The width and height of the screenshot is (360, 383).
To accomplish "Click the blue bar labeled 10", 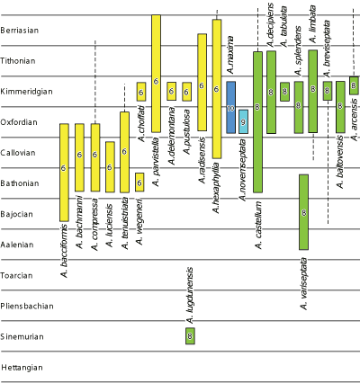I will (x=231, y=107).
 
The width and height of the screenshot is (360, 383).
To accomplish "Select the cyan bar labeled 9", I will (x=244, y=121).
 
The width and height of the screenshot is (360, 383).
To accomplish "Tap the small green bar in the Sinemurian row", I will (x=190, y=336).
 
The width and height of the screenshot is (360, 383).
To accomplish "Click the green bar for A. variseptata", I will (x=304, y=212).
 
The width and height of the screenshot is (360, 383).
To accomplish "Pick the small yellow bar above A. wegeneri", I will (x=139, y=183).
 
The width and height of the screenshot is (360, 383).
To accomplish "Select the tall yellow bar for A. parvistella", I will (x=156, y=74).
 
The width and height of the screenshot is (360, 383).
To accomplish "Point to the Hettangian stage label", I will (x=22, y=368).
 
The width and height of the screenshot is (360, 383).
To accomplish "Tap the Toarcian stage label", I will (x=18, y=275).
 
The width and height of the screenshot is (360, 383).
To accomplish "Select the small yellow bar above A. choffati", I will (x=141, y=91).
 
